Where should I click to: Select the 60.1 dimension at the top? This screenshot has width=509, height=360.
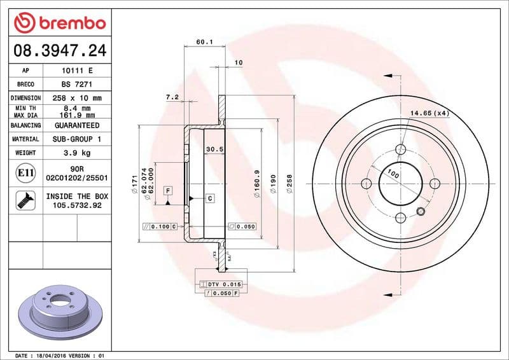(x=204, y=42)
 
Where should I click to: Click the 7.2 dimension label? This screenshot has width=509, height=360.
(x=171, y=97)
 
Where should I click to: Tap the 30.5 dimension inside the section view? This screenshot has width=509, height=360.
(x=214, y=149)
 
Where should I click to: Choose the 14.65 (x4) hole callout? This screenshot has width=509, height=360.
(x=429, y=113)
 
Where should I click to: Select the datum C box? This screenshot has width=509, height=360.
(x=209, y=198)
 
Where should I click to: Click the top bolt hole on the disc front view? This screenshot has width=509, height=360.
(x=400, y=149)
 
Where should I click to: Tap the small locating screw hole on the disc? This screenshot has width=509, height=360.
(x=419, y=211)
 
